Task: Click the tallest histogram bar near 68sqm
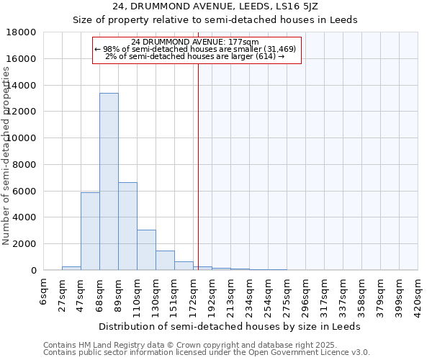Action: click(x=109, y=181)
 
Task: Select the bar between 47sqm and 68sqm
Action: click(x=90, y=231)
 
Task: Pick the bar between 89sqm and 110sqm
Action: click(x=127, y=226)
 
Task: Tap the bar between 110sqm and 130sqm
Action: click(x=146, y=250)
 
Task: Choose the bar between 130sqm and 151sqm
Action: click(x=165, y=261)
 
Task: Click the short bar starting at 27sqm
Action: click(x=71, y=268)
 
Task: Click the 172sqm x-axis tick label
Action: click(x=194, y=296)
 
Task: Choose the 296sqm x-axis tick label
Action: click(x=307, y=296)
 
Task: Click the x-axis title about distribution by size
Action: click(x=229, y=326)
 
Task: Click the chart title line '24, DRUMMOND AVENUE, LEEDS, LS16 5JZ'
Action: click(x=215, y=6)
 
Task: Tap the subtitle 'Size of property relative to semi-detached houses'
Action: click(x=215, y=19)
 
